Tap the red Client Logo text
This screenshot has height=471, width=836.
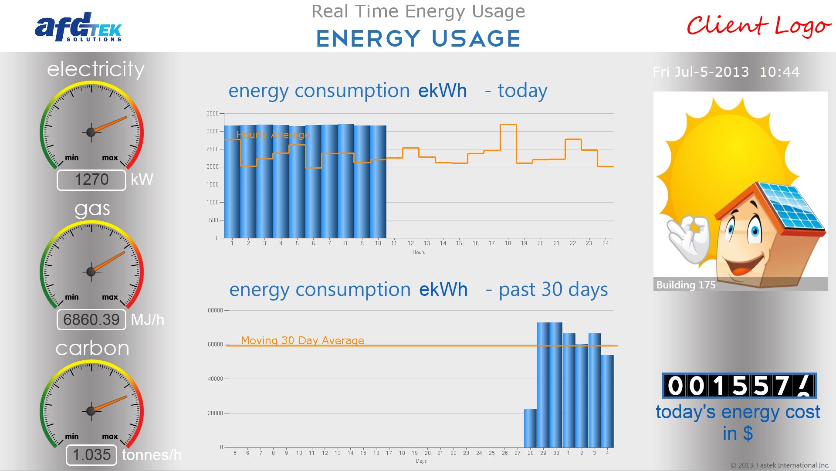[x=758, y=26]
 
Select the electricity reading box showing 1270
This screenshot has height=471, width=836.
[x=91, y=180]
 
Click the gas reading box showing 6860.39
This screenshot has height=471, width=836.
[x=91, y=320]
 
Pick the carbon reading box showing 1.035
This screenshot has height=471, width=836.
[x=91, y=455]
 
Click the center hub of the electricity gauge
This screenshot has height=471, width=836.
[x=91, y=132]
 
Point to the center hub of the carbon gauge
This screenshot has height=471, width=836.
[x=91, y=410]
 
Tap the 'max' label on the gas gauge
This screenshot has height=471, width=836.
[x=110, y=297]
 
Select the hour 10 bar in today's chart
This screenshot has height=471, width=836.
[x=378, y=182]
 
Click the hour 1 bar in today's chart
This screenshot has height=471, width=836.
[x=232, y=182]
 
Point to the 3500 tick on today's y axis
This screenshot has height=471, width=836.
[x=213, y=114]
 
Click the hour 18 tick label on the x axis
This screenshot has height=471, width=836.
[x=508, y=244]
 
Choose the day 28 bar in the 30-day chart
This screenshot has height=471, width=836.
[x=530, y=428]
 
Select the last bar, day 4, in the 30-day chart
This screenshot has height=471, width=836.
[x=607, y=401]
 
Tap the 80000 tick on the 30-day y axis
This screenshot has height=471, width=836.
[x=215, y=311]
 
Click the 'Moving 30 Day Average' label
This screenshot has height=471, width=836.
[x=302, y=340]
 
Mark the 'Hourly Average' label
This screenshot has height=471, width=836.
[x=273, y=135]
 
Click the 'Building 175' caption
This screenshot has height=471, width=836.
[x=686, y=285]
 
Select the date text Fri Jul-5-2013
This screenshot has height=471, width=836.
[x=701, y=72]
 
